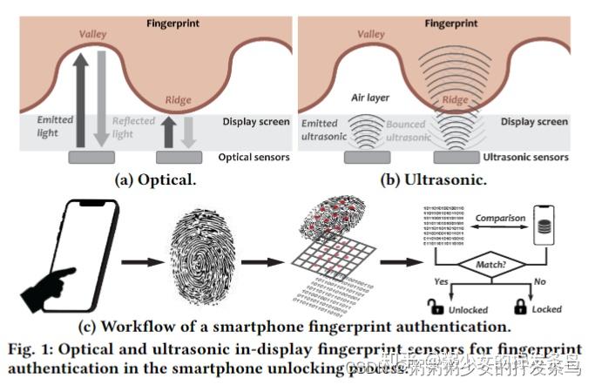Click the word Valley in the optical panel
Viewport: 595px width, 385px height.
click(91, 34)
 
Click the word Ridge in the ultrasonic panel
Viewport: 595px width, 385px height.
click(455, 101)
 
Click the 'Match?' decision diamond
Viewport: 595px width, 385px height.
click(492, 261)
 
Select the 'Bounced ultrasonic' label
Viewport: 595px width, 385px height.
click(406, 132)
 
